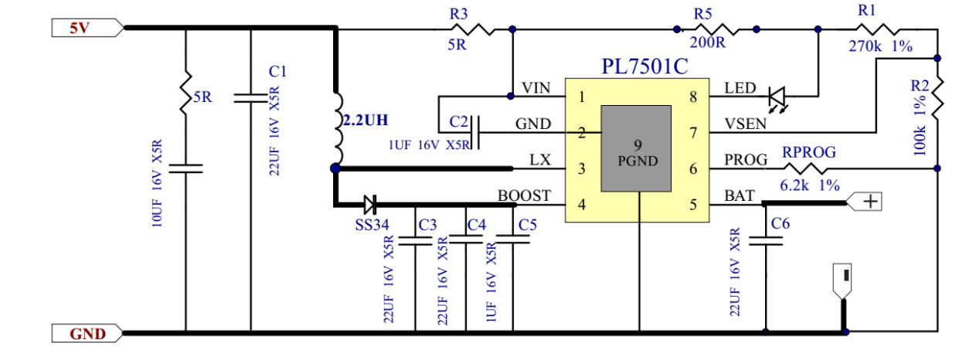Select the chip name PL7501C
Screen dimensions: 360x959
[x=644, y=66]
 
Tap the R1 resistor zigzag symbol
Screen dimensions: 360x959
[x=877, y=29]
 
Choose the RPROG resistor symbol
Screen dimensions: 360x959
[x=809, y=166]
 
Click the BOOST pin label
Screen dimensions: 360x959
[x=524, y=196]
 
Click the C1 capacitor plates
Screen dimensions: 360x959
[x=251, y=98]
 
